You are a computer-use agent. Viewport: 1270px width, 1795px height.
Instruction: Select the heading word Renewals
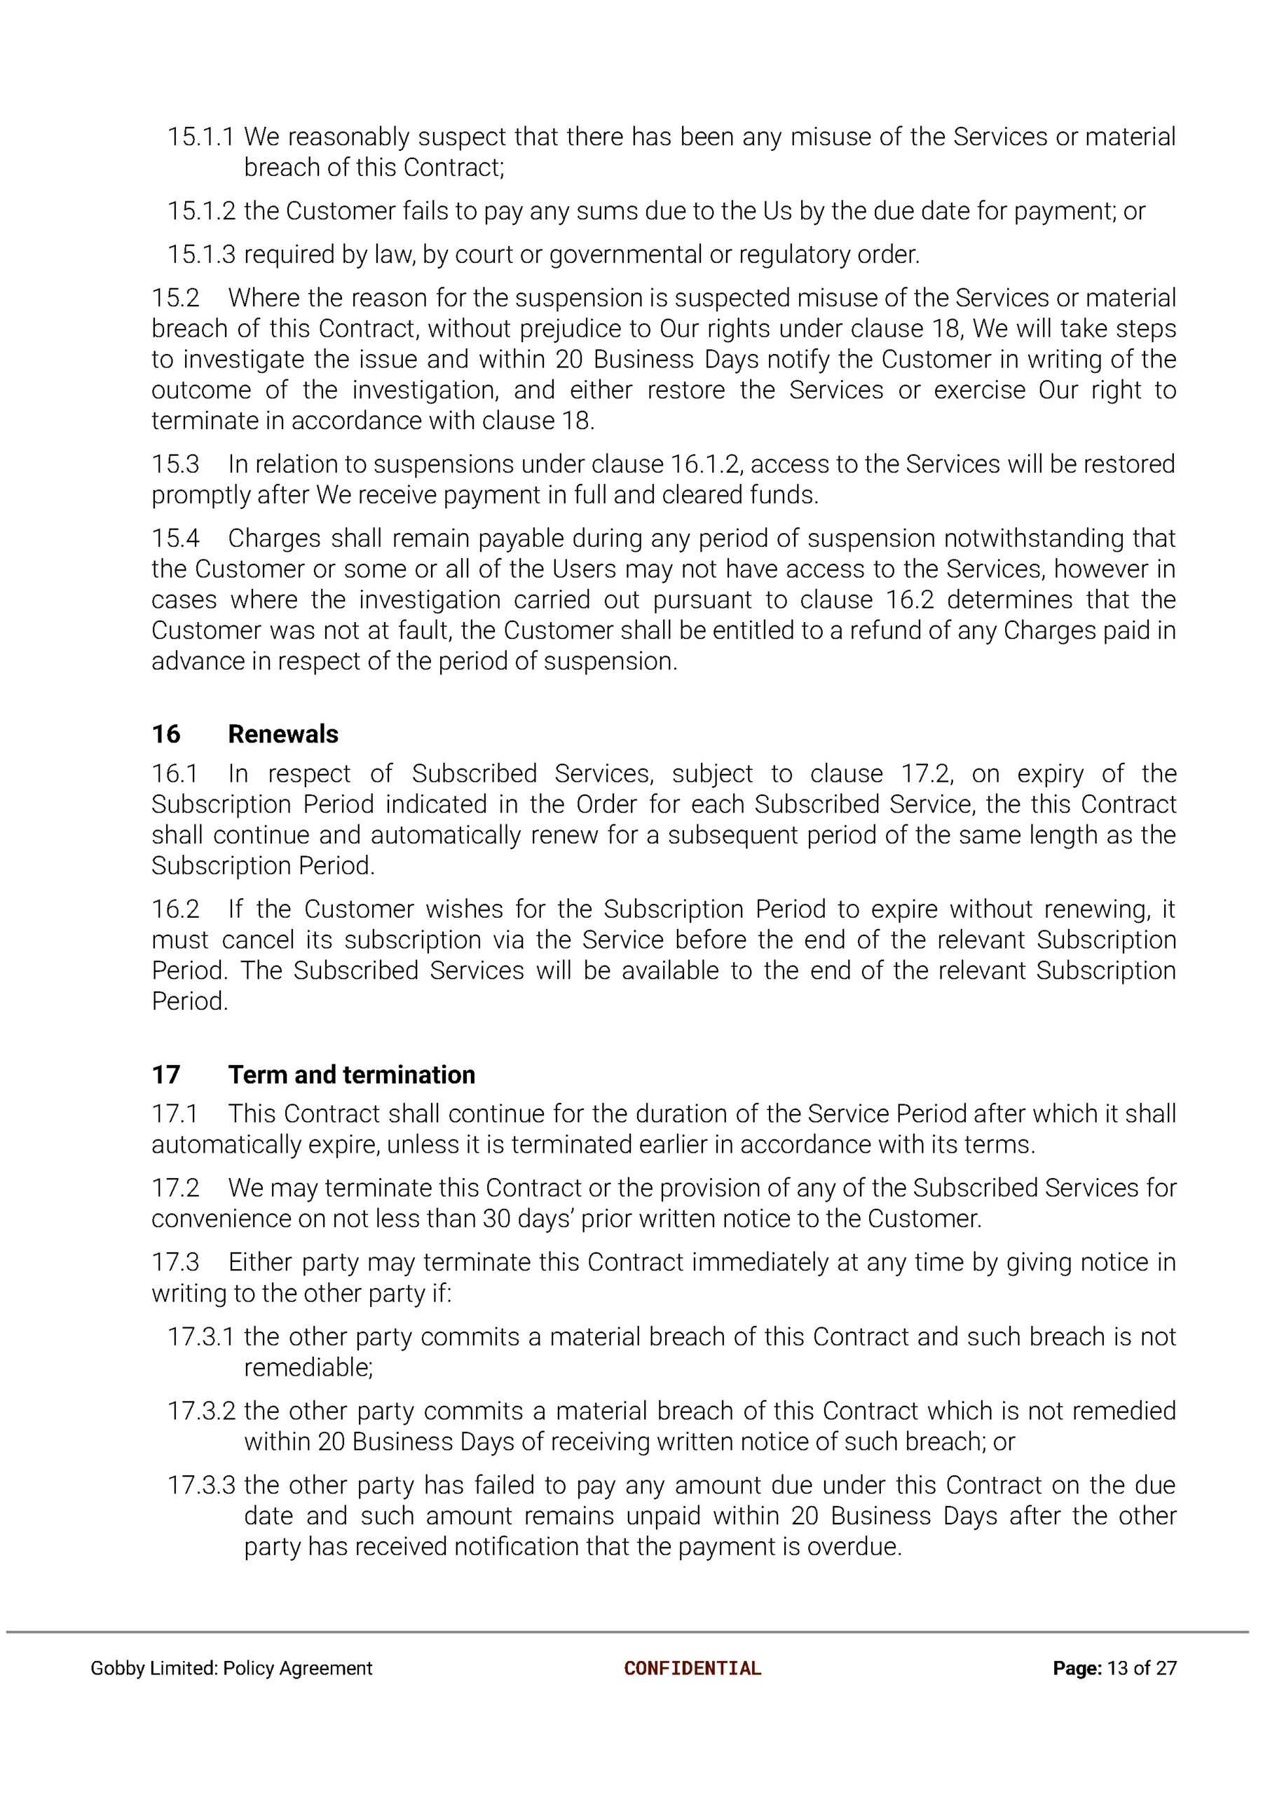283,733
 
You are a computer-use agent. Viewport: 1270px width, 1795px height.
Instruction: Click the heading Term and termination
351,1074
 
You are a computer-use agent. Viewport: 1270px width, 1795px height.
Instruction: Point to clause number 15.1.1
201,137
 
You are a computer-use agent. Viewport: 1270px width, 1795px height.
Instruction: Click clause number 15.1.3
201,255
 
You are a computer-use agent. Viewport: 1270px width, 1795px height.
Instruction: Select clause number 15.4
175,538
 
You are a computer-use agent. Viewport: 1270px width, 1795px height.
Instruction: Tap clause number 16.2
175,909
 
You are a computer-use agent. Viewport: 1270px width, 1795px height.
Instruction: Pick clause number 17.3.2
201,1410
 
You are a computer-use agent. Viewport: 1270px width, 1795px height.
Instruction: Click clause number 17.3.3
201,1484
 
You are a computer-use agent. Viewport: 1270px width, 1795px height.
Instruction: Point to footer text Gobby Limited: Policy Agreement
231,1668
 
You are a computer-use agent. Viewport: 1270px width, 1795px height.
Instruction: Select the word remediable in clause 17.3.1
307,1367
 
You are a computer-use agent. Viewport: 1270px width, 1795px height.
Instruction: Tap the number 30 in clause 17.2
497,1219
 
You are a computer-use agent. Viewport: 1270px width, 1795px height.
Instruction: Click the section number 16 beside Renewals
166,733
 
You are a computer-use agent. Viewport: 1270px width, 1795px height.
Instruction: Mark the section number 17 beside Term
166,1074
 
